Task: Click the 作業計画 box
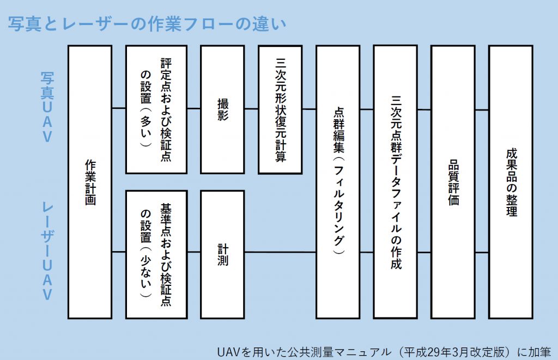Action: coord(90,182)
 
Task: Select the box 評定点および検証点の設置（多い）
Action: coord(156,109)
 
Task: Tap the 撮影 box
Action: coord(222,109)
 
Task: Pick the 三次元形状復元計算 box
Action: coord(280,109)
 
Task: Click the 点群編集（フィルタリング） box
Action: coord(338,182)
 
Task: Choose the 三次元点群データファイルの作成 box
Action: coord(396,182)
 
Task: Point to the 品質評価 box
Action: coord(453,182)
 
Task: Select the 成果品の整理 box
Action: coord(511,182)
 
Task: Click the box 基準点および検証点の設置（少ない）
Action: coord(156,254)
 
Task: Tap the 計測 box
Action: coord(222,254)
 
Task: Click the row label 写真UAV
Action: coord(47,107)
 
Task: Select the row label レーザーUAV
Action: coord(47,252)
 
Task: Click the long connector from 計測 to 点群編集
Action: coord(280,252)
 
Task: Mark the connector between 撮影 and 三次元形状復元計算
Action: coord(251,109)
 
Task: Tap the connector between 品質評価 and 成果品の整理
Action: coord(482,110)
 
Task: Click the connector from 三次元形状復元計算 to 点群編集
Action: coord(309,109)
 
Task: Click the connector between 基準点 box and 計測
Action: coord(194,252)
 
